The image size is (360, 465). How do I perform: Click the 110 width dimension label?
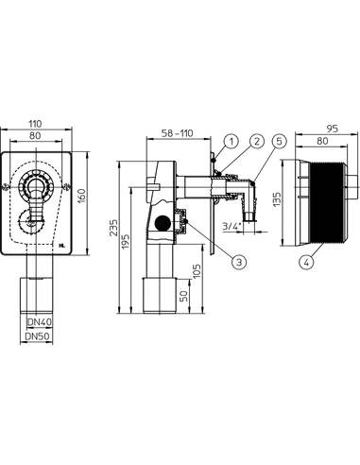(35, 124)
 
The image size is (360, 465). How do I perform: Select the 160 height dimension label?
(81, 196)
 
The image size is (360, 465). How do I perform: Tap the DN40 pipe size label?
(40, 322)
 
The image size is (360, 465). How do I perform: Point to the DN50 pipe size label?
(38, 336)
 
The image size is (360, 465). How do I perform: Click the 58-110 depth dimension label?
(177, 133)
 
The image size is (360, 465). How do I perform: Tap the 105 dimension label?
(197, 270)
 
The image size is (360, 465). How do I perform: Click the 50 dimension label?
(184, 296)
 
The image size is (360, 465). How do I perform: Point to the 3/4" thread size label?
(232, 226)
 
